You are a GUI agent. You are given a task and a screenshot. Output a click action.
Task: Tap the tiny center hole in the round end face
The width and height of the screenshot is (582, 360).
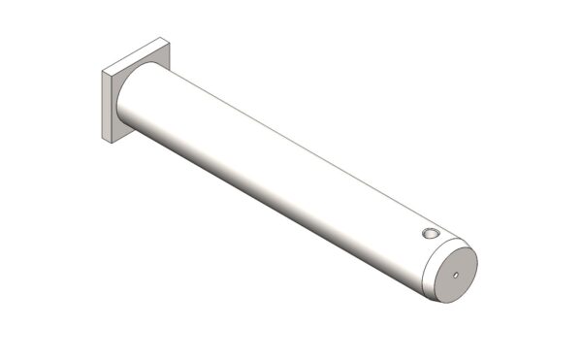click(x=455, y=275)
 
